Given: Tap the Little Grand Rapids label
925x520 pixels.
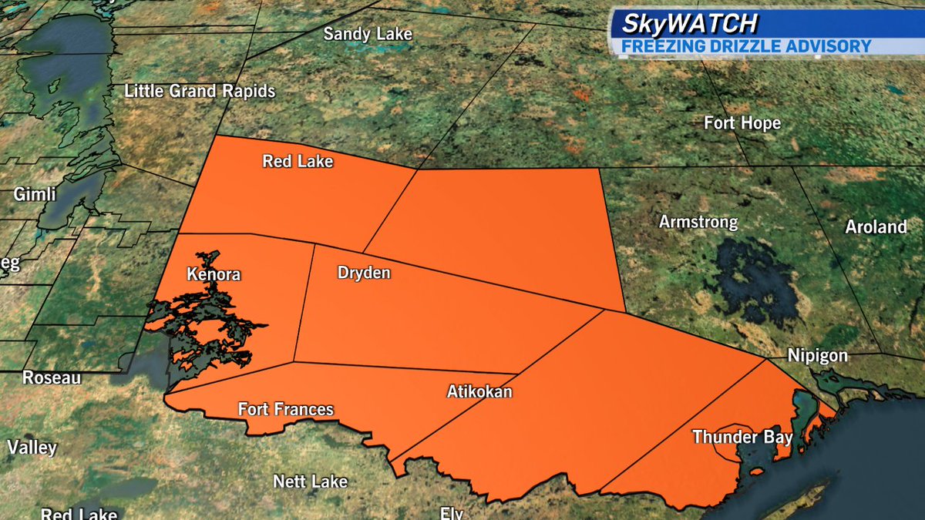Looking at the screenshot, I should click(x=200, y=91).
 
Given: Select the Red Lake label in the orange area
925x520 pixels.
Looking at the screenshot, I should click(x=298, y=162).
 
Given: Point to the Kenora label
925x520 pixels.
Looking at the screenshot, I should click(x=214, y=274).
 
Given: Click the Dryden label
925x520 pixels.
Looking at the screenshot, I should click(x=364, y=273).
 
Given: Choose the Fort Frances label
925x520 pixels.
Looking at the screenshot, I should click(x=285, y=408).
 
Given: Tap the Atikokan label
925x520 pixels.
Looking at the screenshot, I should click(x=479, y=391).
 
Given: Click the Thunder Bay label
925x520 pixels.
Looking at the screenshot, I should click(x=742, y=437).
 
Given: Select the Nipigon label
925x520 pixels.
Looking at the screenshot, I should click(x=817, y=356).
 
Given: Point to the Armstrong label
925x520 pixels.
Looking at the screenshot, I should click(x=698, y=222).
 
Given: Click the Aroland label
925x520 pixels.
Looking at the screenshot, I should click(x=876, y=226).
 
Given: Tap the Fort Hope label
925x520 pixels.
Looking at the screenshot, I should click(x=742, y=122).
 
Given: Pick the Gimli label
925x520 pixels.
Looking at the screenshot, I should click(x=35, y=195).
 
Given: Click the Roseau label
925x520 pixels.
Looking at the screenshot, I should click(x=52, y=377).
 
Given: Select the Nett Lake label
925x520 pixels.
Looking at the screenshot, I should click(x=310, y=481).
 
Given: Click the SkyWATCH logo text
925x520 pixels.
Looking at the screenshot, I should click(x=682, y=24).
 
